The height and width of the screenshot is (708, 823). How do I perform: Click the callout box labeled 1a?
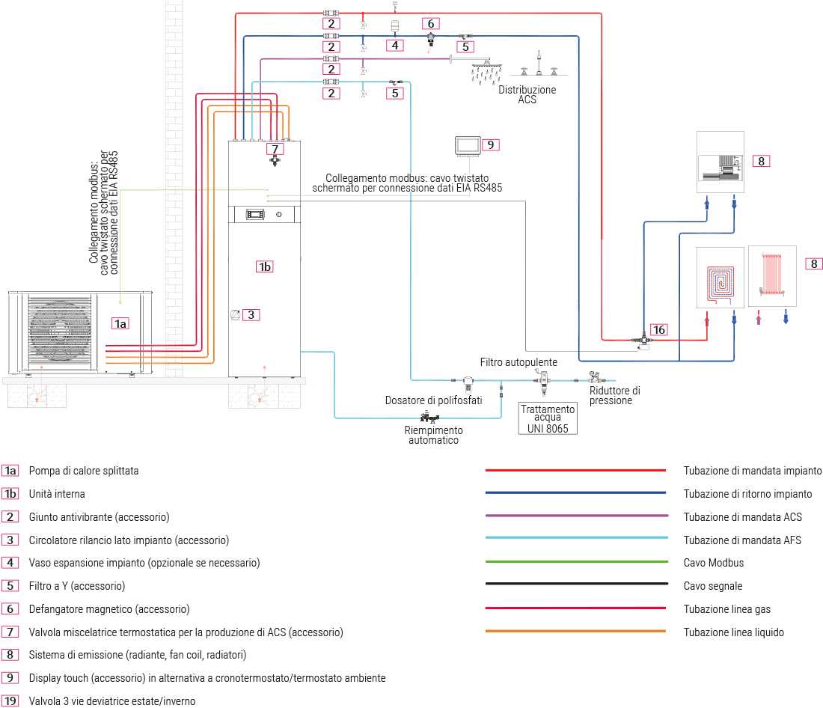coord(120,323)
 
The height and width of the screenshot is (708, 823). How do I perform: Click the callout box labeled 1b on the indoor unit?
coord(264,266)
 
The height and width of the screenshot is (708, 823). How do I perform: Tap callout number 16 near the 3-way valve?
coord(658,329)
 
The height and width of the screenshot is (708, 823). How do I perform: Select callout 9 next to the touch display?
coord(490,144)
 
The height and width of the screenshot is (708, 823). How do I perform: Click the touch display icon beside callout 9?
coord(468,145)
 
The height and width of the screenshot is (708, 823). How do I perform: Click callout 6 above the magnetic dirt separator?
coord(430,22)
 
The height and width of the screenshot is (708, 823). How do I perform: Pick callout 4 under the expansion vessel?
coord(394,46)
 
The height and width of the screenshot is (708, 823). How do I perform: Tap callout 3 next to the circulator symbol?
coord(252,315)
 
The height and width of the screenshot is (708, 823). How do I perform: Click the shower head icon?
coord(486,73)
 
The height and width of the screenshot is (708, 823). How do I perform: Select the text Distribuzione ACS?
coord(527,94)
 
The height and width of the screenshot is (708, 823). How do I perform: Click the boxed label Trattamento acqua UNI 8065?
coord(548,419)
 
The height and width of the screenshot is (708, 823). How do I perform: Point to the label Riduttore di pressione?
coord(614,395)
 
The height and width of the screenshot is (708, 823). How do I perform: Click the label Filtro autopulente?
coord(518,362)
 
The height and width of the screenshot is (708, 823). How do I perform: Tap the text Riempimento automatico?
coord(433,435)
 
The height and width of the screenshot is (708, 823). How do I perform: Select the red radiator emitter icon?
coord(771,275)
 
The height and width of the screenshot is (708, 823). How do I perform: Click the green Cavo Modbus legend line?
coord(576,562)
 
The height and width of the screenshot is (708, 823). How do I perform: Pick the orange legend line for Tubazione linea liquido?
coord(576,632)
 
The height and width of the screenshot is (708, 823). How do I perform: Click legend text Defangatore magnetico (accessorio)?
coord(108,609)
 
